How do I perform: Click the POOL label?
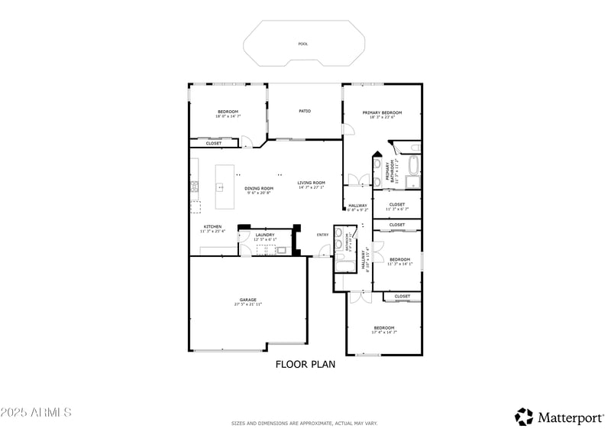pyautogui.click(x=303, y=44)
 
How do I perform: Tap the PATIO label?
pyautogui.click(x=304, y=111)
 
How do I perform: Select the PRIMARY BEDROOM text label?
pyautogui.click(x=382, y=112)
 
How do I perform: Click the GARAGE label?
pyautogui.click(x=247, y=300)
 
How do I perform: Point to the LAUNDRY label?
pyautogui.click(x=265, y=235)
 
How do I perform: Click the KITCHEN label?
pyautogui.click(x=212, y=226)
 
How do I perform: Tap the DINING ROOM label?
pyautogui.click(x=259, y=188)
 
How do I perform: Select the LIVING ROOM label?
pyautogui.click(x=311, y=183)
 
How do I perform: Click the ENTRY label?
pyautogui.click(x=322, y=235)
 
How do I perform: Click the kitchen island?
pyautogui.click(x=224, y=187)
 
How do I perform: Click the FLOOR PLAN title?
pyautogui.click(x=305, y=365)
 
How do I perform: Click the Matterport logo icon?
pyautogui.click(x=524, y=417)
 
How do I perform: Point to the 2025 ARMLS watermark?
pyautogui.click(x=36, y=412)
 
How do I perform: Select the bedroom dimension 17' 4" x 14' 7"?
pyautogui.click(x=384, y=332)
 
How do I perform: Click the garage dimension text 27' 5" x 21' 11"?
pyautogui.click(x=247, y=304)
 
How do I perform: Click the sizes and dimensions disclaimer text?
pyautogui.click(x=305, y=424)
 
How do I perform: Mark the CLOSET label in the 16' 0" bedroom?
pyautogui.click(x=213, y=143)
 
